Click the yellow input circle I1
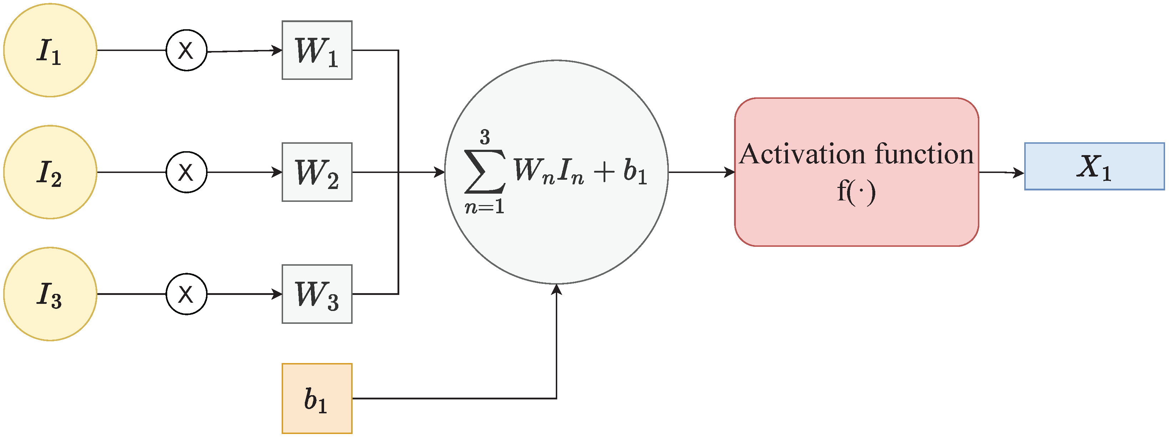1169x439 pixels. [50, 50]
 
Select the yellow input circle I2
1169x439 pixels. [50, 172]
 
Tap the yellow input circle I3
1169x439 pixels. [50, 294]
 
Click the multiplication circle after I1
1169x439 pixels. [186, 50]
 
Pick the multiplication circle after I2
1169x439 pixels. [186, 172]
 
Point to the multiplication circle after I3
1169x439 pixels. [186, 294]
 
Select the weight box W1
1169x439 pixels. [317, 50]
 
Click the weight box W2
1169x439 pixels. [317, 172]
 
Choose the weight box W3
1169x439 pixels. [317, 294]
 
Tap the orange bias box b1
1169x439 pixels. [317, 398]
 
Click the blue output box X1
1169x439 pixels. [1094, 166]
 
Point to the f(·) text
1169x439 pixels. [856, 192]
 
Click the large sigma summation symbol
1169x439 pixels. [484, 171]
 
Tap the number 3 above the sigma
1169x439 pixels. [484, 137]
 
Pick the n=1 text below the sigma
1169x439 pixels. [484, 207]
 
